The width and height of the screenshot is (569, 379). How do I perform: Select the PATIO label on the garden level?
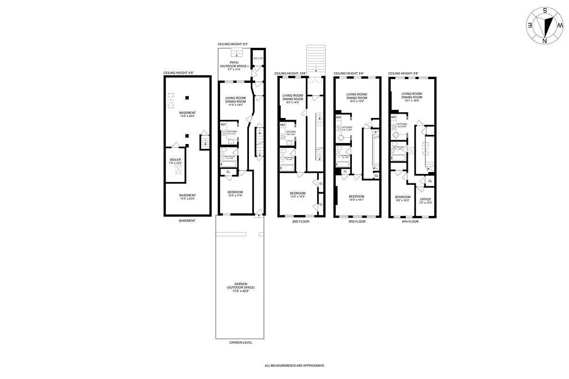coord(234,63)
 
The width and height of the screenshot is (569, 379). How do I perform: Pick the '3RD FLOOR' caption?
coord(357,221)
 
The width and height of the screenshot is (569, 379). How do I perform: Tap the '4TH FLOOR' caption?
coord(410,221)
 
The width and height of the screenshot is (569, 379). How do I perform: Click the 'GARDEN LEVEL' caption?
coord(240,343)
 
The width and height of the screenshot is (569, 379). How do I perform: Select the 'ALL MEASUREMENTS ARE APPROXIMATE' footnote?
coord(294,366)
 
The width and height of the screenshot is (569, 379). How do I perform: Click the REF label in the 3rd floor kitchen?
coord(339,117)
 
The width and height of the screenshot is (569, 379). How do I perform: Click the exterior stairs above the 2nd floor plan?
coord(316,60)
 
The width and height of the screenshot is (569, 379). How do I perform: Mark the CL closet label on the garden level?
coord(229,171)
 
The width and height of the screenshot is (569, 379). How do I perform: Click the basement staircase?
coord(204,142)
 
